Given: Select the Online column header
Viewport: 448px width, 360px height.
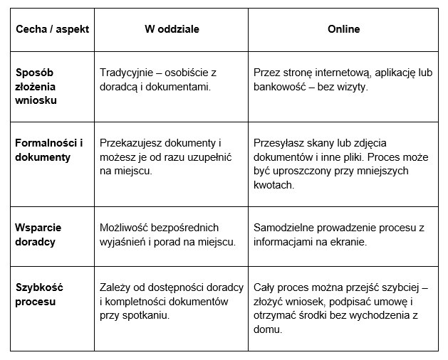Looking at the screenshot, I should coord(343,29).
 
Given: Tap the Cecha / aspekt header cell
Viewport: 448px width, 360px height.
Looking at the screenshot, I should coord(48,29).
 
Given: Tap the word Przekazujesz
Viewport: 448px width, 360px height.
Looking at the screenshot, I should coord(133,143).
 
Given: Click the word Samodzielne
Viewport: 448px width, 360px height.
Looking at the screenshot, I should coord(285,228).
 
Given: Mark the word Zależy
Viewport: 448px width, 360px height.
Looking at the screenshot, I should coord(115,288).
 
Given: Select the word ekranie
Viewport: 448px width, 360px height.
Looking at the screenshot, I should coord(349,242).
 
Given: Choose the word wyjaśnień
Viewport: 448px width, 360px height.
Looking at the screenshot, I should coord(123,242).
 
